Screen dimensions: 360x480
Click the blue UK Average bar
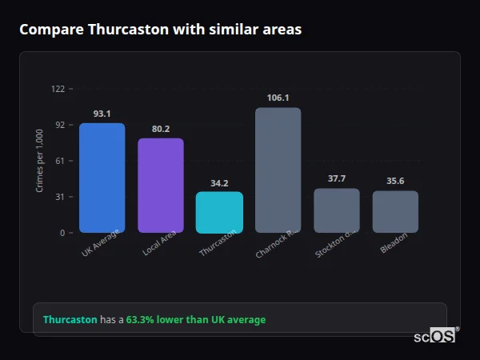tap(102, 178)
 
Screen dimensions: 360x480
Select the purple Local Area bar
tap(161, 186)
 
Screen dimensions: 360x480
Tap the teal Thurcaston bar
tap(219, 212)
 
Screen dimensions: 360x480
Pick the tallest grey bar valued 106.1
tap(278, 170)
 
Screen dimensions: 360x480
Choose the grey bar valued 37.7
tap(337, 210)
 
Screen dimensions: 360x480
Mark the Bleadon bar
tap(395, 211)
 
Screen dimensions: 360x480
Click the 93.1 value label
tap(102, 114)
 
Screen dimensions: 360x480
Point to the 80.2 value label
tap(161, 129)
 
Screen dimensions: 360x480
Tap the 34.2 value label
tap(219, 182)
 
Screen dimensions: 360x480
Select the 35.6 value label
tap(395, 181)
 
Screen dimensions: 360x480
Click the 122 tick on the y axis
tap(58, 88)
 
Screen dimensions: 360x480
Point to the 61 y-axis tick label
tap(59, 161)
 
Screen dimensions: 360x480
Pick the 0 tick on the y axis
tap(62, 233)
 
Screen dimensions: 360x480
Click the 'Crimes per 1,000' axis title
tap(40, 160)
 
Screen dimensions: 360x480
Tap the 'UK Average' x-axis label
tap(101, 243)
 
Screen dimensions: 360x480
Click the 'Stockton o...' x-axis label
tap(335, 243)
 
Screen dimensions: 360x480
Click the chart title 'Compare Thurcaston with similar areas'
tap(160, 30)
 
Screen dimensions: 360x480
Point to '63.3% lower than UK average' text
tap(196, 320)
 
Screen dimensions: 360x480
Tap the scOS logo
tap(434, 336)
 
